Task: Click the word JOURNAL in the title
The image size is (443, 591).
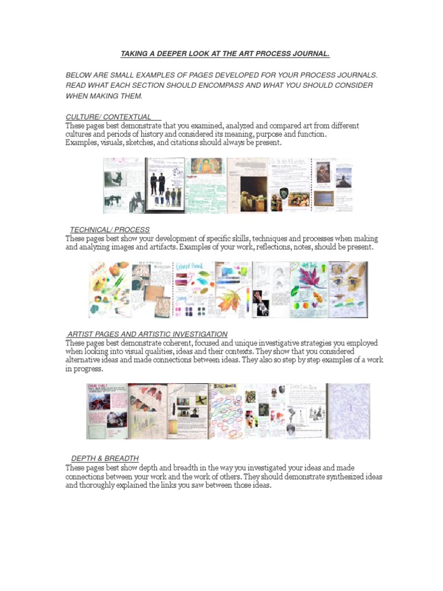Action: (x=310, y=54)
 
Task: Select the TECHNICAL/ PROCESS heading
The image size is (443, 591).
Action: (x=110, y=230)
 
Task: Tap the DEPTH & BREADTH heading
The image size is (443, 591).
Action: (x=105, y=458)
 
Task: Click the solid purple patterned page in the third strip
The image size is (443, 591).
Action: (x=349, y=411)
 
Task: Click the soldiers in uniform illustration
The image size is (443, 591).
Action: (x=165, y=185)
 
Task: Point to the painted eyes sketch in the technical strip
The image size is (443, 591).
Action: (x=348, y=283)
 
